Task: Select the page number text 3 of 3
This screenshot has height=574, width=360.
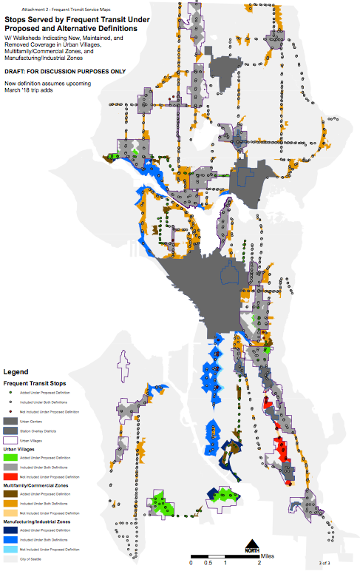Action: click(325, 564)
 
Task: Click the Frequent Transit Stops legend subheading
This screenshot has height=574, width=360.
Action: click(36, 384)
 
